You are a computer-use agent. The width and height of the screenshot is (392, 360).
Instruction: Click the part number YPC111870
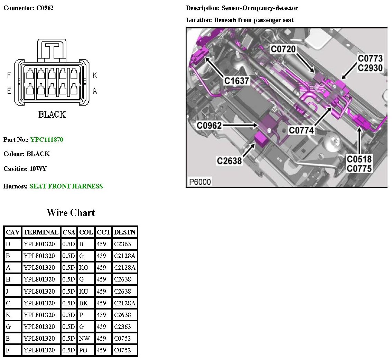pyautogui.click(x=47, y=140)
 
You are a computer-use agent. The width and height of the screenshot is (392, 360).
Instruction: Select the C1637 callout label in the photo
pyautogui.click(x=236, y=81)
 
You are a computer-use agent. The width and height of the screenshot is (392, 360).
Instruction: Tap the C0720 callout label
pyautogui.click(x=283, y=49)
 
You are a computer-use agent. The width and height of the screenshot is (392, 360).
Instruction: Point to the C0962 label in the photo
pyautogui.click(x=209, y=126)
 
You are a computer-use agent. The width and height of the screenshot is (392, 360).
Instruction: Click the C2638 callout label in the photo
pyautogui.click(x=229, y=161)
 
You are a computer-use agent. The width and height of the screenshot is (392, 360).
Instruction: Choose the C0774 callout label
pyautogui.click(x=301, y=130)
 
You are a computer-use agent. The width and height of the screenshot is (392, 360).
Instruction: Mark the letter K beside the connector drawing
pyautogui.click(x=94, y=75)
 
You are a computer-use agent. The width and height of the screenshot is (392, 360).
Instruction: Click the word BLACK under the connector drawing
pyautogui.click(x=52, y=114)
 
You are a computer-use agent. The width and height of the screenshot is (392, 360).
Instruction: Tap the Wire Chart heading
pyautogui.click(x=71, y=213)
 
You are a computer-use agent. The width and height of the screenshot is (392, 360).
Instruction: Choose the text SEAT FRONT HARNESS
pyautogui.click(x=66, y=186)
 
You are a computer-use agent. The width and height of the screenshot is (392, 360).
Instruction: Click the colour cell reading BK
pyautogui.click(x=83, y=303)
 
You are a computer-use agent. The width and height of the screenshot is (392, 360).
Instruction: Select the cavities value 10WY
pyautogui.click(x=38, y=169)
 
